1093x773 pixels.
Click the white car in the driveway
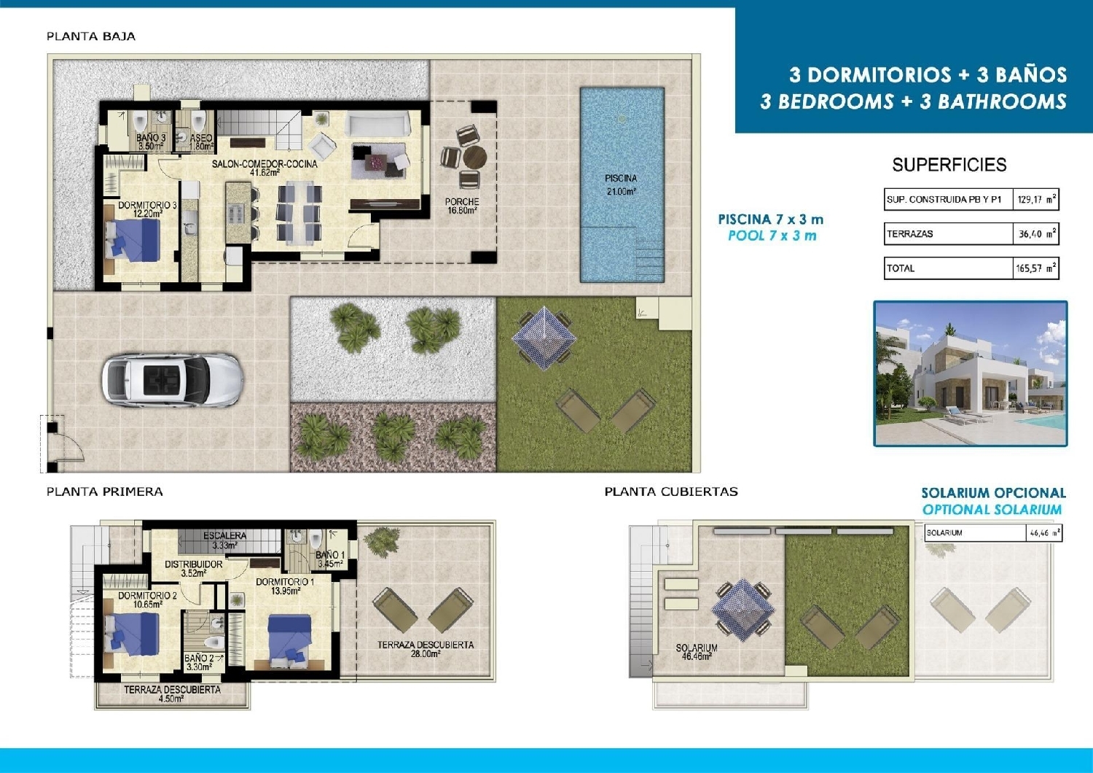[172, 380]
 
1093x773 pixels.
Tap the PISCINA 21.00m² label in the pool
[621, 184]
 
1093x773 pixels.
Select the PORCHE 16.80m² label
[462, 206]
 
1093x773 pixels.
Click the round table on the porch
[474, 157]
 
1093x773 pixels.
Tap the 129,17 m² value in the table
[1035, 199]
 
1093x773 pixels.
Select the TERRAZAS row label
[910, 234]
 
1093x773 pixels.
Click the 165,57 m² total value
[1035, 268]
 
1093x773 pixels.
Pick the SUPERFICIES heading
[949, 165]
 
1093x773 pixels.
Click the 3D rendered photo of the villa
[970, 373]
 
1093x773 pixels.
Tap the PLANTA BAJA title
[91, 36]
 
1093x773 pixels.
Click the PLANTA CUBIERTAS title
[671, 492]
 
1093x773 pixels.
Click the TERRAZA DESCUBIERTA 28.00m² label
[426, 649]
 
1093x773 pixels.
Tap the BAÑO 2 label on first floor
[199, 662]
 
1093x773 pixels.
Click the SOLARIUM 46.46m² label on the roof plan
[697, 652]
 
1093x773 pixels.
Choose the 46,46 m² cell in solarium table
[1043, 533]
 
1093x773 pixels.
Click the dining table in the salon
[298, 213]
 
